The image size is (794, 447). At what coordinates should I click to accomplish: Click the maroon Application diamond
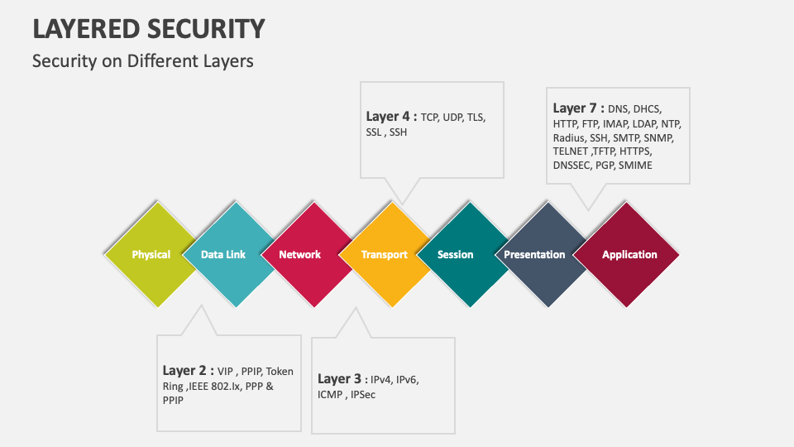[x=626, y=254]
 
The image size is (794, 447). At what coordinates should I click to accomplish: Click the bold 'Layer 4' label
[x=388, y=117]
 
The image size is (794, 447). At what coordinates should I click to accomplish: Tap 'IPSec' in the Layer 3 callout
[x=363, y=394]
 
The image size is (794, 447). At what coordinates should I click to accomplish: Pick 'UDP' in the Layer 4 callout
[x=452, y=118]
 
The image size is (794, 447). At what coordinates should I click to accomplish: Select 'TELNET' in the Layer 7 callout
[x=570, y=151]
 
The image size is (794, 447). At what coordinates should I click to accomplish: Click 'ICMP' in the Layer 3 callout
[x=330, y=394]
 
